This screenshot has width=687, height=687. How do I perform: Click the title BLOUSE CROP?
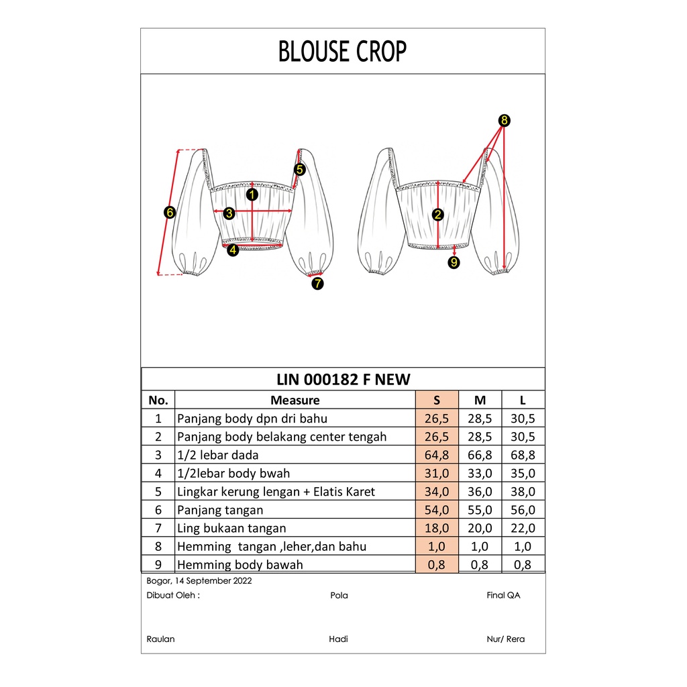(x=342, y=51)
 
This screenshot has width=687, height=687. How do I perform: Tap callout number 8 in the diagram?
(x=505, y=121)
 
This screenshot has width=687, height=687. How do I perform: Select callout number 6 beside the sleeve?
(x=169, y=213)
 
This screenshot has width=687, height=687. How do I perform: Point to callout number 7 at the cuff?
(x=317, y=283)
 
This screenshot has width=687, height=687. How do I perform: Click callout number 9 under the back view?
(x=454, y=262)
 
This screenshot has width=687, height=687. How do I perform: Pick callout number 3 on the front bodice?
(x=229, y=213)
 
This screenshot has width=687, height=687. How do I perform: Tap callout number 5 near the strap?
(x=299, y=170)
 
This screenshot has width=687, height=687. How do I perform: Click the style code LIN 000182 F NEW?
(x=343, y=380)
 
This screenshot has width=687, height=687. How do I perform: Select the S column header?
(x=437, y=401)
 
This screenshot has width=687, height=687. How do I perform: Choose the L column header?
(x=523, y=401)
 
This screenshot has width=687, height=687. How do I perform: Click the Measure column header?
(x=295, y=401)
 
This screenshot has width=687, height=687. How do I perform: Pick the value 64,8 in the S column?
(x=437, y=456)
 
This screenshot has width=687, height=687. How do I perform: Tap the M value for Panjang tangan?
(x=480, y=510)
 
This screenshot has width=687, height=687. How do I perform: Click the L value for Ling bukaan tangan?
(x=523, y=528)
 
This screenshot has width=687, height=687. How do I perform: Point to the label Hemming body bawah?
(x=240, y=564)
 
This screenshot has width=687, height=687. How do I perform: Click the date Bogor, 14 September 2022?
(x=199, y=580)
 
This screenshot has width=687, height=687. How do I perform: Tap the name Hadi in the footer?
(x=338, y=639)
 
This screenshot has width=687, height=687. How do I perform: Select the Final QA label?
(x=503, y=595)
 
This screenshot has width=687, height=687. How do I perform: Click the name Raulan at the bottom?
(x=160, y=639)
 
